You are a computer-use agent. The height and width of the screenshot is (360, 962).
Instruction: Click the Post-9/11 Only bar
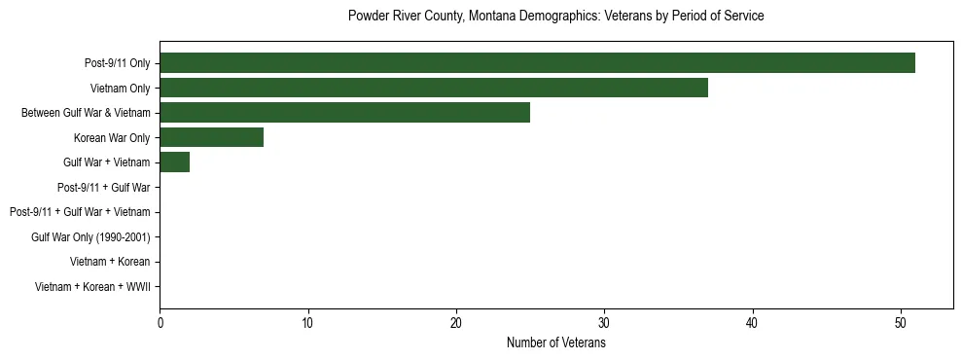(537, 63)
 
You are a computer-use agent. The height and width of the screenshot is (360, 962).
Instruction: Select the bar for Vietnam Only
(434, 88)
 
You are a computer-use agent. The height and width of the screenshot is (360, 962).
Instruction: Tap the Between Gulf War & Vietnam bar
(344, 113)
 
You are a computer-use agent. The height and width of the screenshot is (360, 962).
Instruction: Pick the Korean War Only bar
(211, 137)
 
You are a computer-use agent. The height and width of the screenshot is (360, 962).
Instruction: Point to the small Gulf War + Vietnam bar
(174, 162)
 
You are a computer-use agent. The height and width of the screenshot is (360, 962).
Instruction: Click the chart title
(555, 17)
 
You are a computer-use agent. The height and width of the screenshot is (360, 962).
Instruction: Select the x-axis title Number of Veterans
(555, 342)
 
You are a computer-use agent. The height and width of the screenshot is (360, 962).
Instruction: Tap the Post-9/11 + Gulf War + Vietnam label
(80, 212)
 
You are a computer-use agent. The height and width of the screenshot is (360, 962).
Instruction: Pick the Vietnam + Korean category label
(110, 262)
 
